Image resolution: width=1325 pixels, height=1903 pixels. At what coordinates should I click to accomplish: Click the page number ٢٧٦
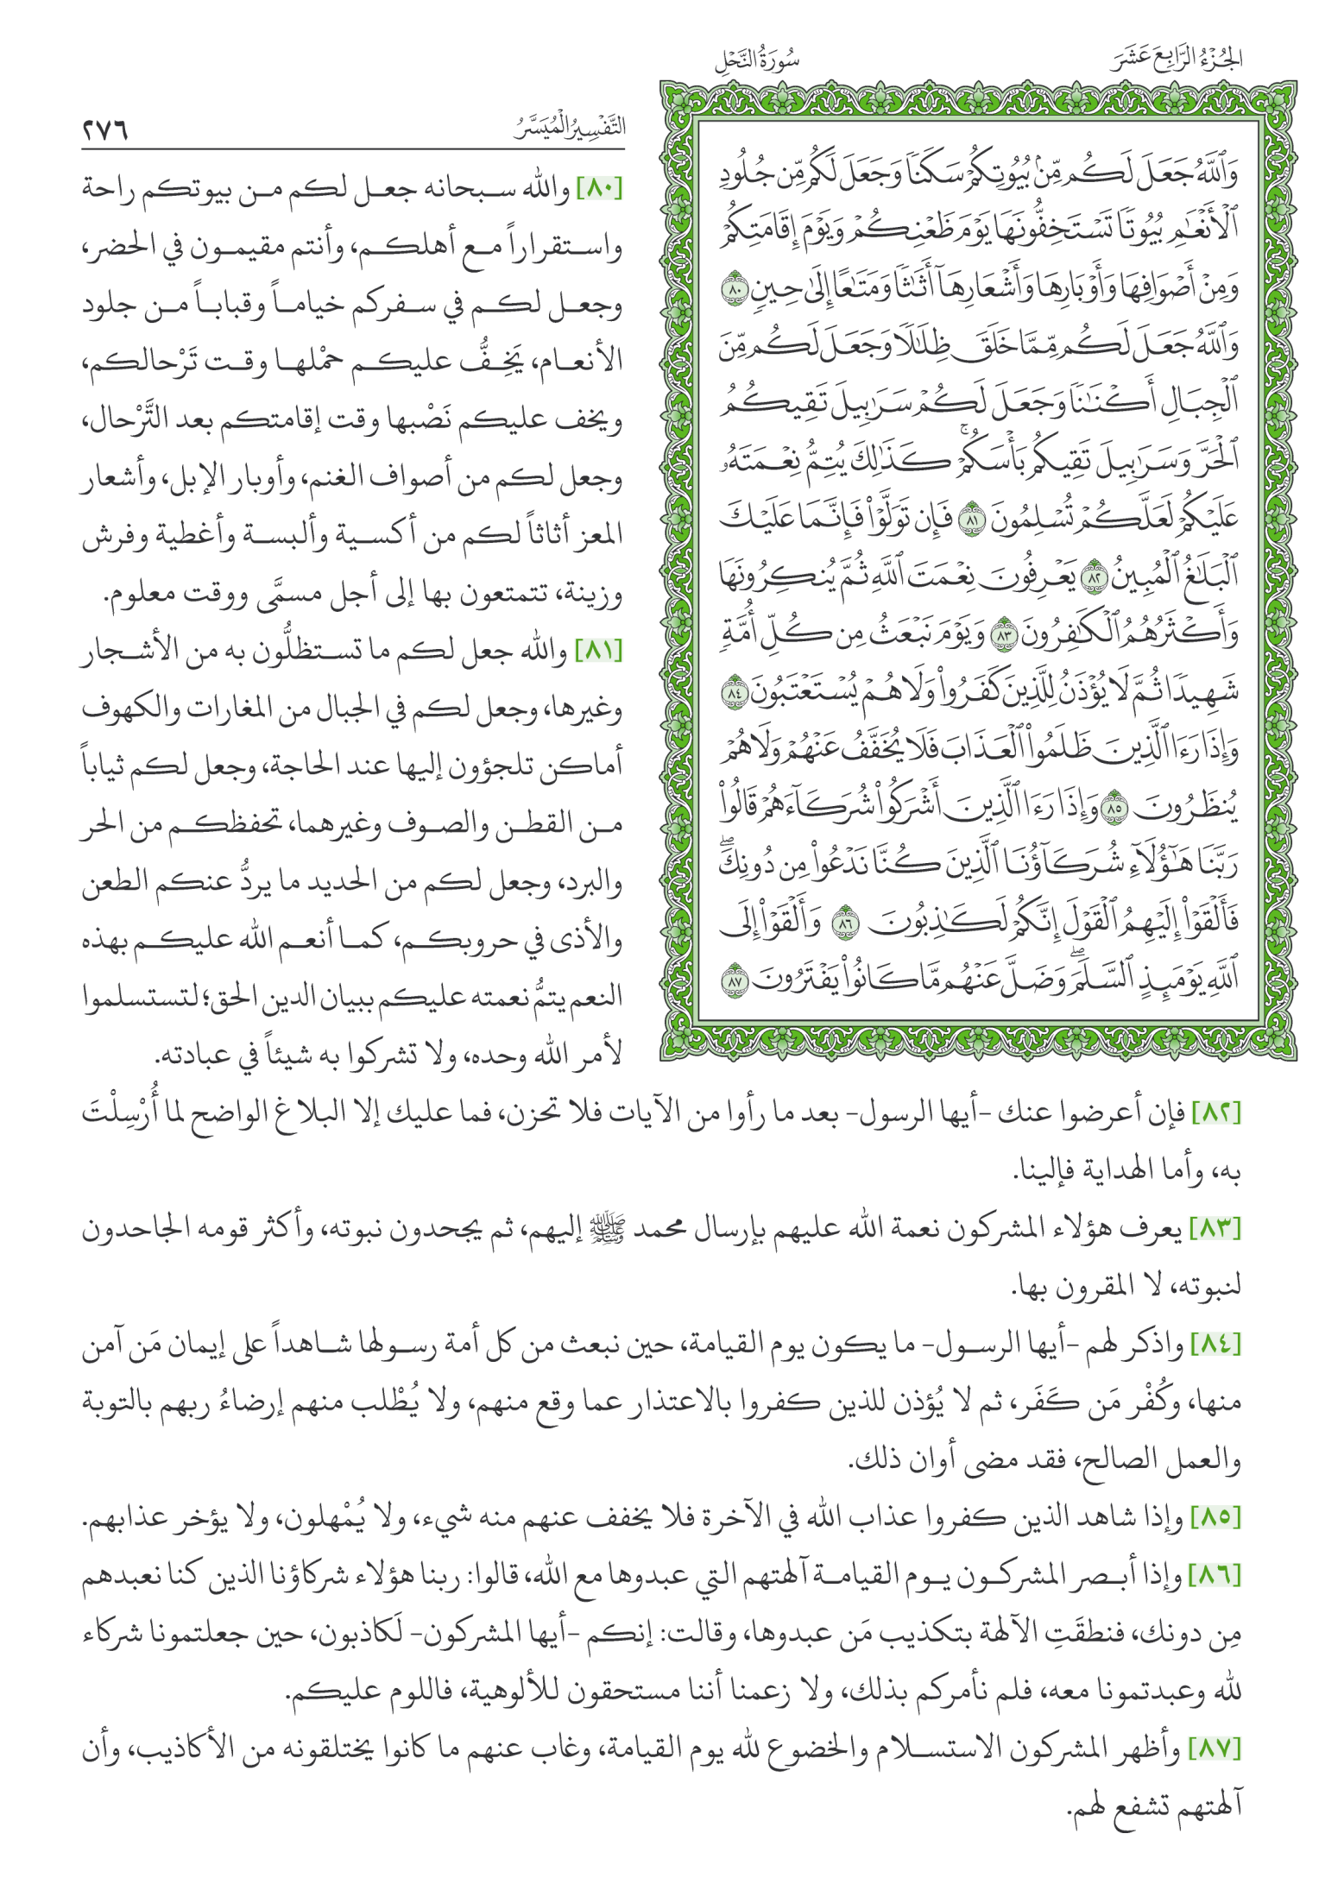click(105, 130)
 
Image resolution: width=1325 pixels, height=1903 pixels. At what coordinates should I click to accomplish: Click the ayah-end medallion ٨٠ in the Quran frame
click(735, 290)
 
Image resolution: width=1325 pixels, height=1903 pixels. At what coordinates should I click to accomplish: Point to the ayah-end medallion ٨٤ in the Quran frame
click(735, 694)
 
